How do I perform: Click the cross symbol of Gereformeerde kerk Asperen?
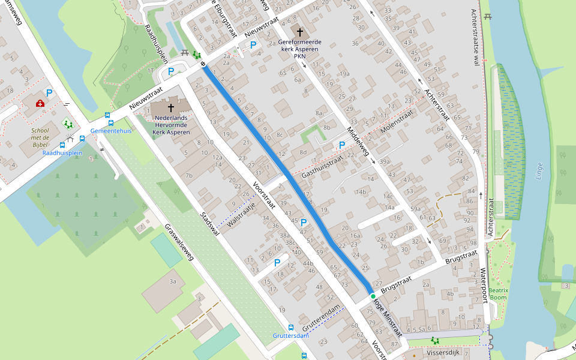click(x=300, y=31)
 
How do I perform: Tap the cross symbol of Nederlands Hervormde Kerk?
click(x=171, y=108)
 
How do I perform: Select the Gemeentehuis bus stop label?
click(x=111, y=130)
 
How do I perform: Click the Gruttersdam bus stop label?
click(x=290, y=335)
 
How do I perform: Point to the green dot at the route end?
click(x=373, y=296)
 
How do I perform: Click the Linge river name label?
click(x=539, y=174)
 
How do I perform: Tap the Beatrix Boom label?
click(x=498, y=294)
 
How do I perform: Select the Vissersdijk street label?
click(x=443, y=352)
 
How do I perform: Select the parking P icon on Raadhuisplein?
click(x=171, y=71)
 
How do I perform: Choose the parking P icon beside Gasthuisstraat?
click(x=342, y=145)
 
